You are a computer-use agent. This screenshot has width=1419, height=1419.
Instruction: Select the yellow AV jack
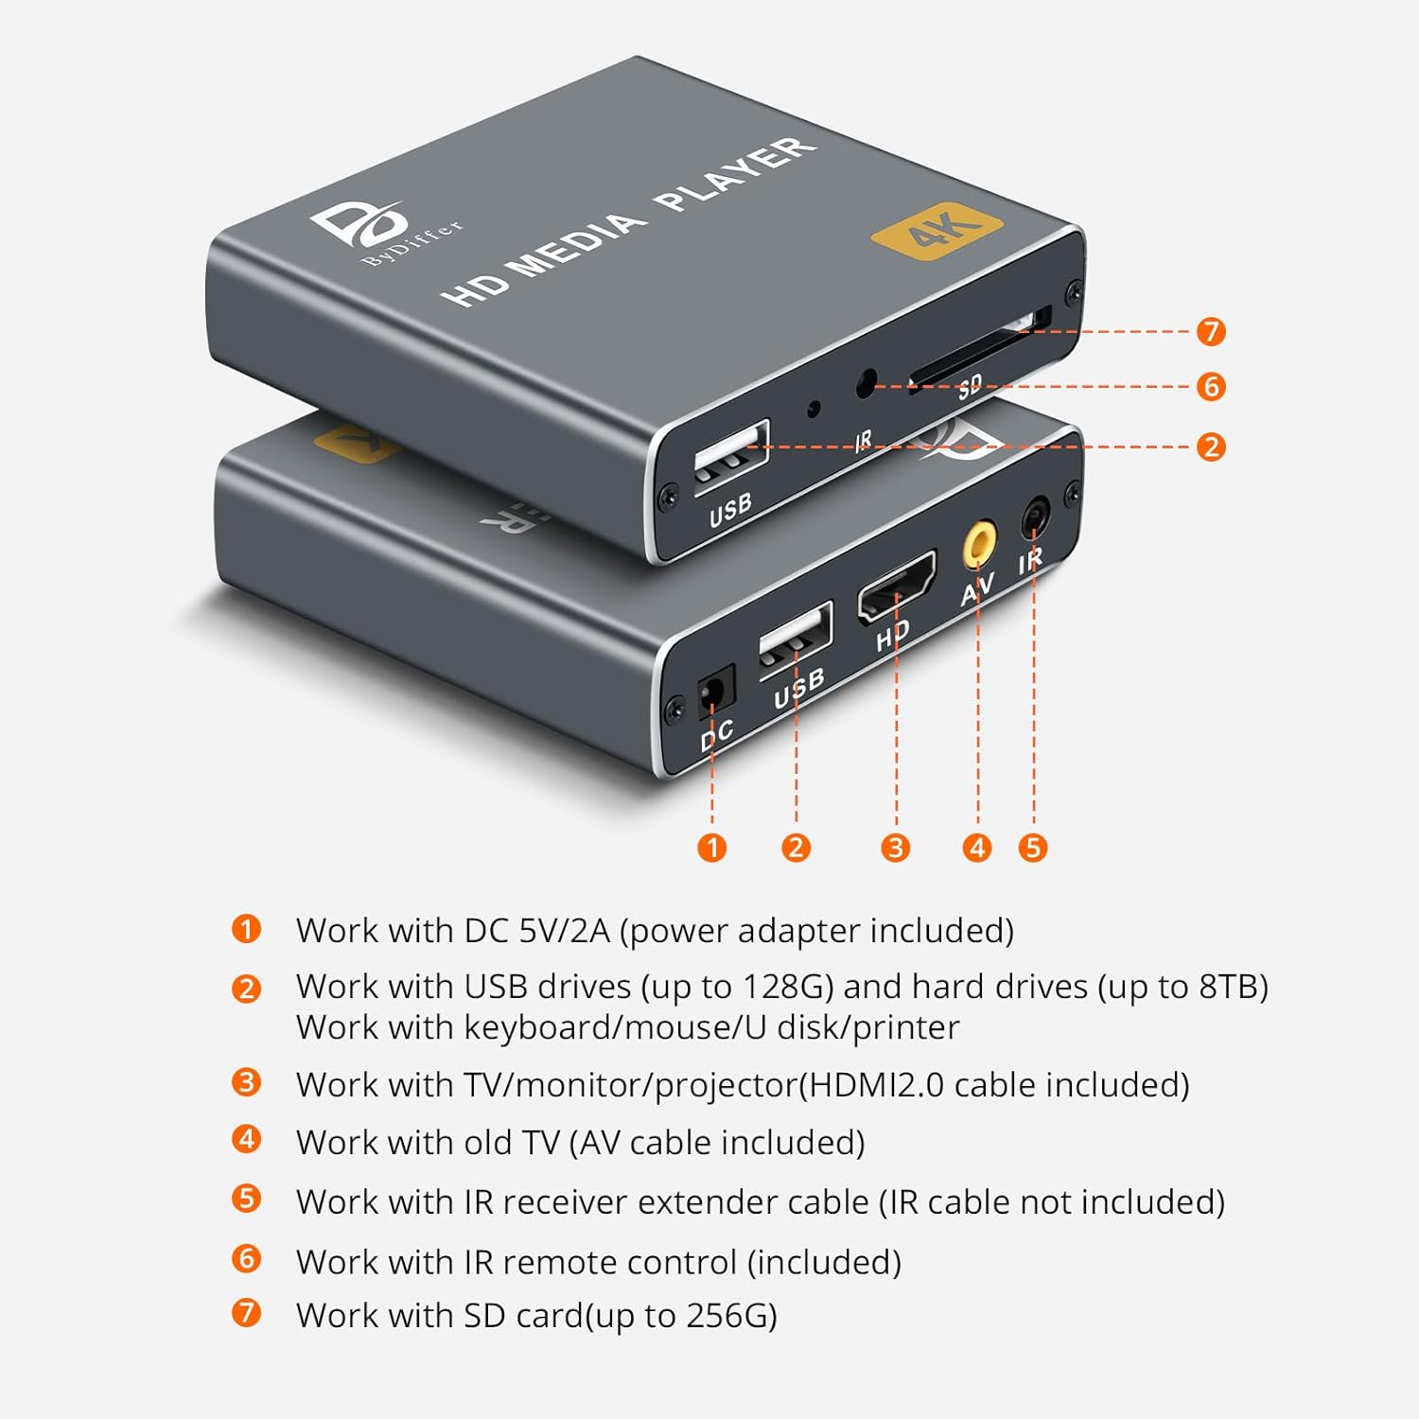click(979, 544)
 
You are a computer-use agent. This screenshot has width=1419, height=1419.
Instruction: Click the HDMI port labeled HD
click(896, 587)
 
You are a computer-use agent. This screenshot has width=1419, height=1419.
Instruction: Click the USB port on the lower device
click(796, 639)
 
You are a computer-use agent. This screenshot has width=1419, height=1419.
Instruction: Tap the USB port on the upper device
click(730, 456)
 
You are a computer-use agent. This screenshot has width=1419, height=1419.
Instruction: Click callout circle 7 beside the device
click(1211, 331)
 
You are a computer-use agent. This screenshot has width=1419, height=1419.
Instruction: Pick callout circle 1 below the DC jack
click(711, 847)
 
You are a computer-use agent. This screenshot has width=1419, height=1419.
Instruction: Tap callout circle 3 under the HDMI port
click(895, 847)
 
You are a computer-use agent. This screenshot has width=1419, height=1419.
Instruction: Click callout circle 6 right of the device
click(1211, 386)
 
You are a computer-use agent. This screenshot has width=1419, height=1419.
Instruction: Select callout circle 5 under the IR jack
click(1033, 847)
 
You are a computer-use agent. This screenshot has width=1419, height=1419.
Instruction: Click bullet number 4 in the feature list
click(246, 1139)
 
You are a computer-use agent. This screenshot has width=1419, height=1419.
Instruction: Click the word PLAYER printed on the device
click(734, 173)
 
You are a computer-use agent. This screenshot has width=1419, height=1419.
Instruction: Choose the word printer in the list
click(906, 1028)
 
